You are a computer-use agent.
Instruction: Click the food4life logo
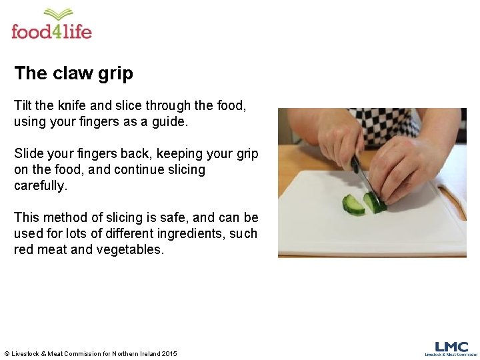coord(51,25)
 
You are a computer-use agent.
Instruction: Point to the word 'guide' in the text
coord(169,122)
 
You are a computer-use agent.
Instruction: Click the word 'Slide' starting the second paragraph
coord(29,153)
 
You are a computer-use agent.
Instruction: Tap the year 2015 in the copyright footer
coord(168,353)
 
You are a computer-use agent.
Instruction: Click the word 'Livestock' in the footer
coord(28,353)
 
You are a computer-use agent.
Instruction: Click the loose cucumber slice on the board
coord(353,205)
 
